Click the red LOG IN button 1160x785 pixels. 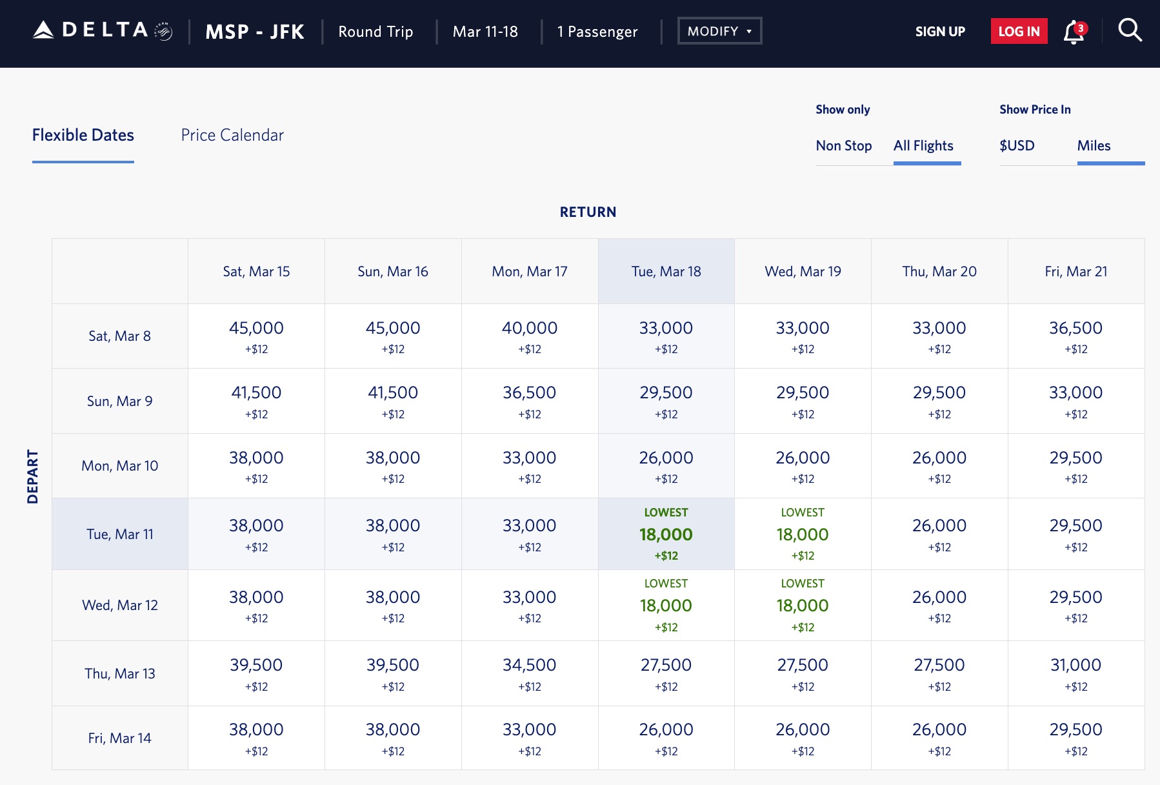pyautogui.click(x=1019, y=32)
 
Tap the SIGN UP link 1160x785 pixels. pyautogui.click(x=940, y=32)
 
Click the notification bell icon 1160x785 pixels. pyautogui.click(x=1074, y=32)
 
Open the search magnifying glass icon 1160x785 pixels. pyautogui.click(x=1130, y=30)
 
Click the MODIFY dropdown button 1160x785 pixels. pyautogui.click(x=719, y=31)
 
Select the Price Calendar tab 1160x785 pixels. pyautogui.click(x=232, y=136)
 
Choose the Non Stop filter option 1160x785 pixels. pyautogui.click(x=843, y=146)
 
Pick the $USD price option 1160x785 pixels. pyautogui.click(x=1017, y=146)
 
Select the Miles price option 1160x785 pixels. pyautogui.click(x=1094, y=146)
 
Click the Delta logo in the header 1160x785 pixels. pyautogui.click(x=102, y=31)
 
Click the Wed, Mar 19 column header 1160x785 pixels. pyautogui.click(x=803, y=272)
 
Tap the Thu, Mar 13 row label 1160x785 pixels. pyautogui.click(x=120, y=674)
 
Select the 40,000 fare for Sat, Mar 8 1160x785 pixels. pyautogui.click(x=530, y=329)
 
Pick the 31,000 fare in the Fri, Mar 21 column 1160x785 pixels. pyautogui.click(x=1075, y=666)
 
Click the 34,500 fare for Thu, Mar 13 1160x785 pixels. pyautogui.click(x=530, y=666)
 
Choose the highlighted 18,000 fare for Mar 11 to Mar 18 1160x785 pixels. pyautogui.click(x=666, y=535)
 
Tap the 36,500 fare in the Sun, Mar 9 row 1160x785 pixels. pyautogui.click(x=530, y=393)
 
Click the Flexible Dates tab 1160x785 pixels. pyautogui.click(x=83, y=136)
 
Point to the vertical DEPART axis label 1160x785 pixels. pyautogui.click(x=33, y=476)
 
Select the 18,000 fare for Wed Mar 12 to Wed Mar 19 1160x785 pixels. pyautogui.click(x=803, y=606)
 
